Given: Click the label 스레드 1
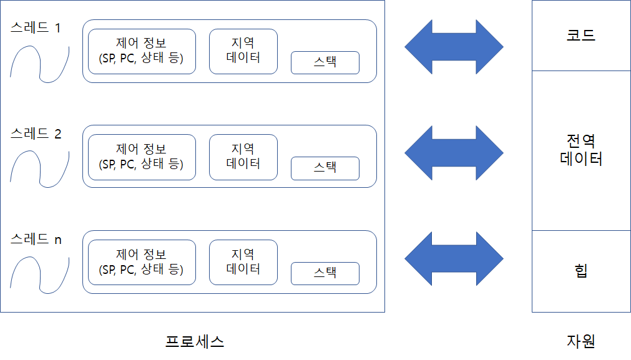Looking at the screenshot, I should coord(36,28).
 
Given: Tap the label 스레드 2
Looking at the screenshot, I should coord(36,134).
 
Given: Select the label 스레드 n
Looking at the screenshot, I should coord(36,239).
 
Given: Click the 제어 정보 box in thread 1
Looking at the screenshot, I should coord(142,51).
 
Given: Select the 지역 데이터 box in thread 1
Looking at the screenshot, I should coord(243,51).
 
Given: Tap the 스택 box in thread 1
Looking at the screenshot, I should coord(325,62).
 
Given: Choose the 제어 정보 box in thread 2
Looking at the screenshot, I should coord(142,157).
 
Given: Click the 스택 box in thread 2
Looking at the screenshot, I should coord(325,168).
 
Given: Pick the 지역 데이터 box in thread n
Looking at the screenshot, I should coord(243,262).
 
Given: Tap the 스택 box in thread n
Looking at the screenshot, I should coord(325,273).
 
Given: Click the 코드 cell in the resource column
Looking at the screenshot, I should coord(581,35).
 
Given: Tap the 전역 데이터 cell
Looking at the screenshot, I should coord(581,150).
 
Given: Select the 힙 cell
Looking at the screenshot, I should coord(581,271).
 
